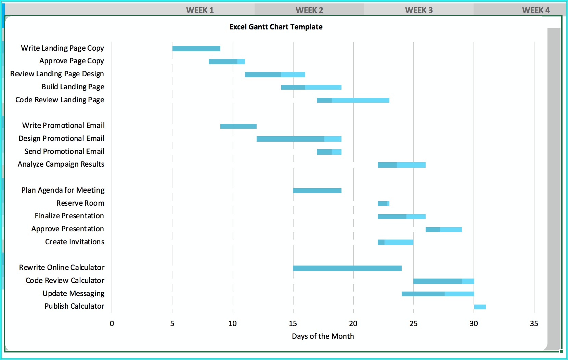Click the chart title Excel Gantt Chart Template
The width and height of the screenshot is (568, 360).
tap(276, 27)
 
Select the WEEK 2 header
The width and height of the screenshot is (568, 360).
tap(309, 10)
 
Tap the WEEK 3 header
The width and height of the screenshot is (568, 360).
tap(419, 10)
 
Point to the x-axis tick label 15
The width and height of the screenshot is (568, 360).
tap(293, 324)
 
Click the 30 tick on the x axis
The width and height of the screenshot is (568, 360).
tap(474, 324)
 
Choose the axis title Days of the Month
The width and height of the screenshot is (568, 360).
tap(323, 336)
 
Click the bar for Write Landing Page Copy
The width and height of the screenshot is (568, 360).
tap(196, 49)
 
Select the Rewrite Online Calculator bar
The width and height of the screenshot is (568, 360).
tap(347, 268)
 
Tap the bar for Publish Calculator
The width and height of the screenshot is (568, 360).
tap(480, 307)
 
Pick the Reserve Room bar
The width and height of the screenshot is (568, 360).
tap(383, 204)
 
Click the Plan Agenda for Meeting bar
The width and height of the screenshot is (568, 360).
tap(317, 191)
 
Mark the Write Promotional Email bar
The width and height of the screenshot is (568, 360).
tap(238, 126)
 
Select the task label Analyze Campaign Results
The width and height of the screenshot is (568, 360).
tap(61, 164)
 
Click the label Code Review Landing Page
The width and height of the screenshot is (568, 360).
tap(60, 100)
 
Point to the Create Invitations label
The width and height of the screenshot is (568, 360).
tap(75, 242)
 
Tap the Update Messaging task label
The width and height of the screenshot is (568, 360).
tap(74, 294)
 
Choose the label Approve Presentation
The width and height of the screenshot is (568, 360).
tap(68, 229)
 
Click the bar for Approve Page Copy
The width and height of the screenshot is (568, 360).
tap(227, 62)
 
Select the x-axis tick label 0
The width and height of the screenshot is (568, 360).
tap(112, 324)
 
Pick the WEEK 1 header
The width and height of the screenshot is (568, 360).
tap(200, 10)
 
